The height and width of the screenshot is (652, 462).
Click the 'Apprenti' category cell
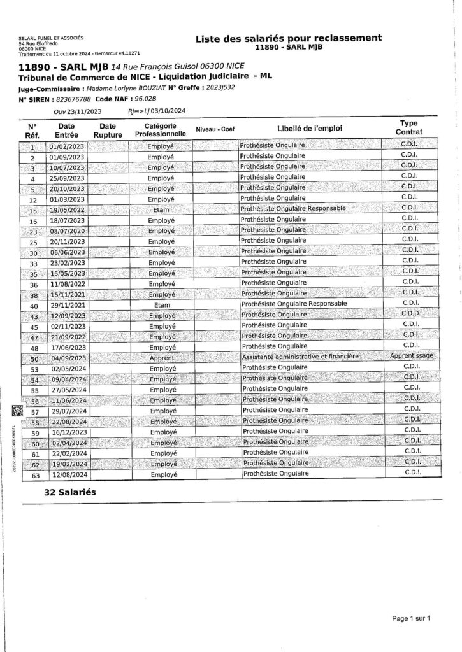click(x=161, y=358)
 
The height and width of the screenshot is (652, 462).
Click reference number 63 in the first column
click(x=35, y=474)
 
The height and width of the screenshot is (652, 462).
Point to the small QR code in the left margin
click(x=17, y=411)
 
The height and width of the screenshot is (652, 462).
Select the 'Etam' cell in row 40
click(x=161, y=305)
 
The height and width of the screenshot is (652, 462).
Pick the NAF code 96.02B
click(x=143, y=100)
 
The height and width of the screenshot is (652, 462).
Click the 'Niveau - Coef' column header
click(x=215, y=129)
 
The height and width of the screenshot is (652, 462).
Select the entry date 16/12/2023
click(x=66, y=432)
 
